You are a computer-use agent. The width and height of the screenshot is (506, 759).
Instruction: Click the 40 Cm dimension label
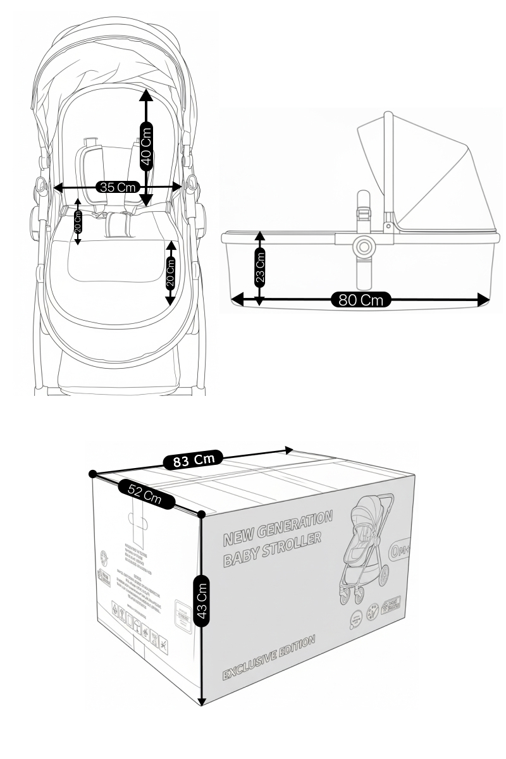(146, 145)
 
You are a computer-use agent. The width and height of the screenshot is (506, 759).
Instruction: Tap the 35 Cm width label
(118, 187)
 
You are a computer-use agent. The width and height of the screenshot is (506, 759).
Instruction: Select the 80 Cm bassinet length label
(361, 299)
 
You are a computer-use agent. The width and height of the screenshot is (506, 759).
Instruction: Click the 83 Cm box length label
(194, 460)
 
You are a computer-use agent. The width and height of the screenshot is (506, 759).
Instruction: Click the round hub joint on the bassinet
(364, 245)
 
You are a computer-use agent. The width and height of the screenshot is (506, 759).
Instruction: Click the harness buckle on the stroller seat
(118, 223)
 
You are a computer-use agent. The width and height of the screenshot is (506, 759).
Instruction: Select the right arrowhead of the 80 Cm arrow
(486, 299)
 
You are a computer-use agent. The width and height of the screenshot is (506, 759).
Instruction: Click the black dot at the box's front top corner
(201, 514)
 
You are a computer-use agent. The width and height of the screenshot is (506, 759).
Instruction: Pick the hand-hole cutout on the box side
(138, 521)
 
